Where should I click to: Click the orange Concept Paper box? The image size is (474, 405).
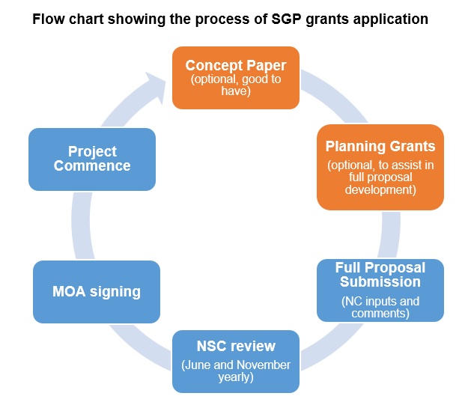coord(235,76)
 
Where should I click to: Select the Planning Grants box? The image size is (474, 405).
coord(380,166)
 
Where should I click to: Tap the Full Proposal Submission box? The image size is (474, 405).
coord(380,290)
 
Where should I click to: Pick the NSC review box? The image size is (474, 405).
coord(235,361)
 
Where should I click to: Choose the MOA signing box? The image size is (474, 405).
coord(96,291)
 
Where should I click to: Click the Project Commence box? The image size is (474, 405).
coord(92,159)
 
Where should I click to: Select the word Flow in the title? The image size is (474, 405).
coord(48,19)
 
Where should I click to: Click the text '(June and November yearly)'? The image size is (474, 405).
coord(236,371)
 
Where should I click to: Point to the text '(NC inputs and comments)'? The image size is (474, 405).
coord(380,307)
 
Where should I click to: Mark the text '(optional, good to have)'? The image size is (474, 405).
coord(235,85)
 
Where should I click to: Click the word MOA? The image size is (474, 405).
coord(70,291)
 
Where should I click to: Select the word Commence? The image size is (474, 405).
coord(92,165)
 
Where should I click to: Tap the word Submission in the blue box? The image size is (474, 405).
coord(380,281)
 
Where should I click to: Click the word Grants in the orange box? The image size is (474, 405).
coord(409,146)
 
